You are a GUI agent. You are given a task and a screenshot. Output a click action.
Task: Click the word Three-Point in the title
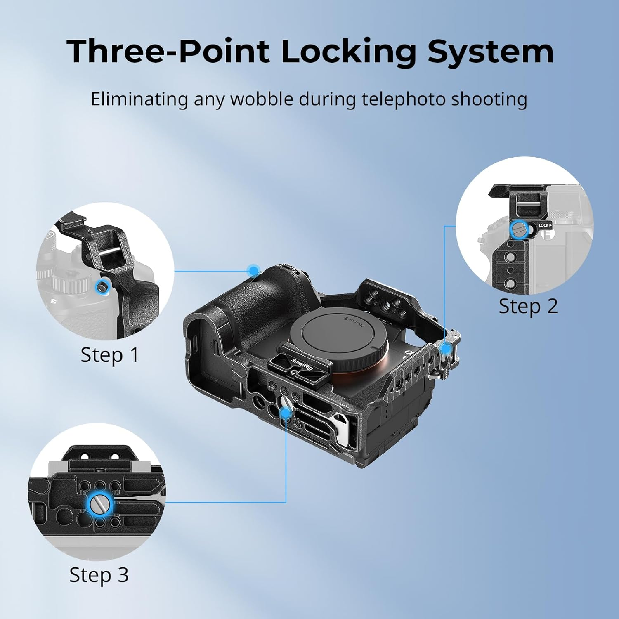pyautogui.click(x=168, y=52)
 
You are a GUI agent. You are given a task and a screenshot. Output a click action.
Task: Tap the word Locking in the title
pyautogui.click(x=349, y=52)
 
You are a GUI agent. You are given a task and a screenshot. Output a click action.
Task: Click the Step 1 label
pyautogui.click(x=109, y=355)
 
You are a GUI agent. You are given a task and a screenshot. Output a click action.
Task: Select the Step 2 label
pyautogui.click(x=528, y=306)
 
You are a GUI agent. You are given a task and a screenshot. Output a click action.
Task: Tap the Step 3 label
pyautogui.click(x=99, y=575)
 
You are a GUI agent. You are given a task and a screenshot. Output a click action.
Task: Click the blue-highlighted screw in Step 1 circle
pyautogui.click(x=101, y=287)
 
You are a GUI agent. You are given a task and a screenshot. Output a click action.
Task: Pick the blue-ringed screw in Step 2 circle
pyautogui.click(x=519, y=229)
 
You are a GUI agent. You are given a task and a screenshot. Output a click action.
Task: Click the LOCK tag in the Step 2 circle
pyautogui.click(x=544, y=225)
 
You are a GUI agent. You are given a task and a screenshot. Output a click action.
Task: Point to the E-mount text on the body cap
pyautogui.click(x=354, y=321)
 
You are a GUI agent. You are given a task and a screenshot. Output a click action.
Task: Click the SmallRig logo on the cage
pyautogui.click(x=302, y=364)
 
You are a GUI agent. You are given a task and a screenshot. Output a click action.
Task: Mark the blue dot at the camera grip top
pyautogui.click(x=253, y=271)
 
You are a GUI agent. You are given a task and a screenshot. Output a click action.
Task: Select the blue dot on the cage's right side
pyautogui.click(x=446, y=348)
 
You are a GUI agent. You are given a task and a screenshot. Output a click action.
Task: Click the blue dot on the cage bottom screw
pyautogui.click(x=286, y=412)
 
